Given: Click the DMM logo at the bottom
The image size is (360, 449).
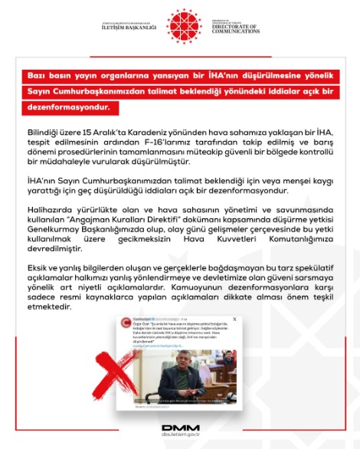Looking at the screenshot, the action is pyautogui.click(x=179, y=428).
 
